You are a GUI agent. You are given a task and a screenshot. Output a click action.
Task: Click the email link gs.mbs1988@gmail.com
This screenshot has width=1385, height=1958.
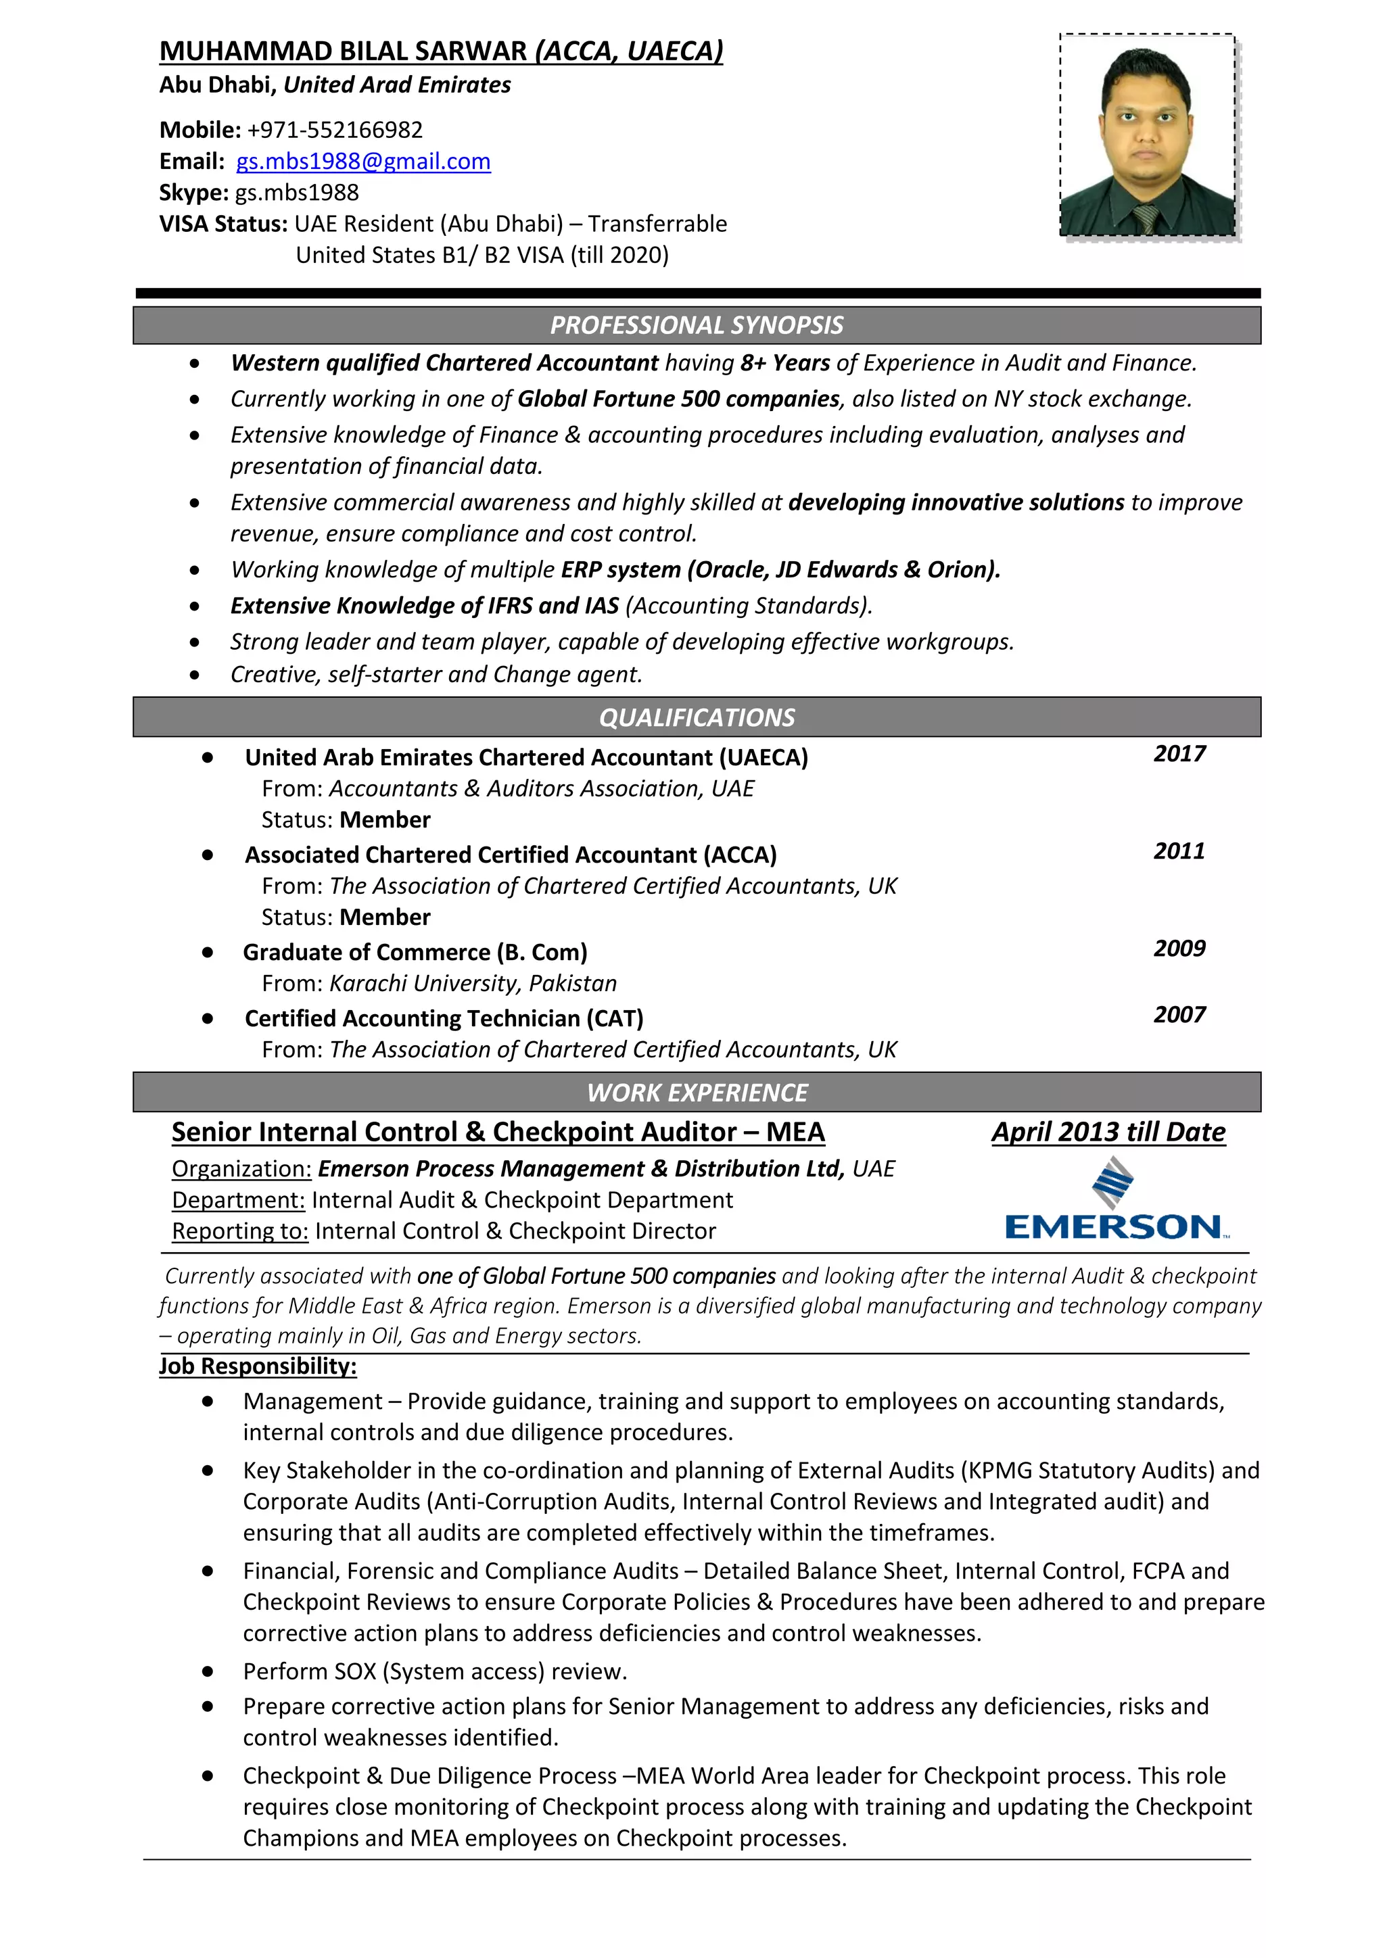coord(363,161)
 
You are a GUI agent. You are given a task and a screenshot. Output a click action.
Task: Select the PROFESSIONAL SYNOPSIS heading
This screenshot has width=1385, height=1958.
coord(696,325)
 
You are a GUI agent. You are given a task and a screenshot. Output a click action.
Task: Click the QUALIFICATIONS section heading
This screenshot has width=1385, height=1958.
coord(696,717)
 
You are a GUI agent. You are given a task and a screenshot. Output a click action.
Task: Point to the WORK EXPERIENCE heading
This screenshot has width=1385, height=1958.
coord(696,1093)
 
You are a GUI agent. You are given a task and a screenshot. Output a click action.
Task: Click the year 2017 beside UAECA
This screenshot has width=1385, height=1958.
coord(1179,754)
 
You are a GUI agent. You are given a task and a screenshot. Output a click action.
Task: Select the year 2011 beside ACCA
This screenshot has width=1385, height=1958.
coord(1179,851)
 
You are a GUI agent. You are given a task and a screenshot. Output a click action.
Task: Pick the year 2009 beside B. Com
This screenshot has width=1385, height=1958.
coord(1179,949)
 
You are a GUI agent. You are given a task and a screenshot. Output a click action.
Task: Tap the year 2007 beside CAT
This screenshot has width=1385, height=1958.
coord(1179,1015)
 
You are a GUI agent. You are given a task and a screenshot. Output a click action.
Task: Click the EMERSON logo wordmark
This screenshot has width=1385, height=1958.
coord(1114,1227)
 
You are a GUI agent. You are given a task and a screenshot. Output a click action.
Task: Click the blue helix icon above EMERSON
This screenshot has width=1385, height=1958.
coord(1113,1182)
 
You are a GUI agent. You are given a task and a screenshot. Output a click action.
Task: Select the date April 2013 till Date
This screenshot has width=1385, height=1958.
coord(1108,1132)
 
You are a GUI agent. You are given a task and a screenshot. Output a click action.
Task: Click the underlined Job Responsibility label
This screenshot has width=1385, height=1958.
coord(258,1366)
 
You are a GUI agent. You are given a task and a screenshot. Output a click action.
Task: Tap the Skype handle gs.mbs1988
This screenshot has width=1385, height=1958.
coord(297,193)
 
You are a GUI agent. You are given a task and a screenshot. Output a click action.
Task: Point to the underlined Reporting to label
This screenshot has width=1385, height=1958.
coord(239,1231)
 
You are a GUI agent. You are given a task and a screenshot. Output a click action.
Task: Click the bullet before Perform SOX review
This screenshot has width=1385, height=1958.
coord(207,1671)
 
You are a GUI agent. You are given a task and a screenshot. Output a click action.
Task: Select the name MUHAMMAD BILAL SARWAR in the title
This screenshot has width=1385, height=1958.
coord(343,51)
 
